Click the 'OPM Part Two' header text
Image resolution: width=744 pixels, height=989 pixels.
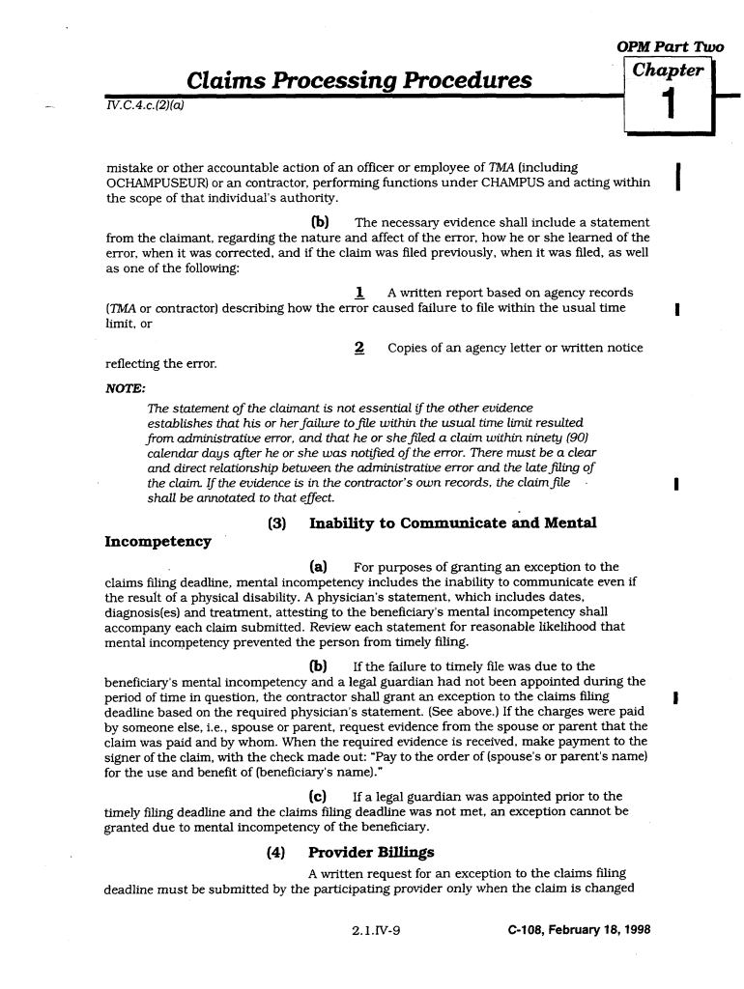coord(670,48)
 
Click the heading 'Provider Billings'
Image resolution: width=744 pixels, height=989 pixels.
coord(371,852)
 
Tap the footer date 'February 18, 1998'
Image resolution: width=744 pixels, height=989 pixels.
coord(594,931)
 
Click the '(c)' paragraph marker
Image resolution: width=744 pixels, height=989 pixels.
coord(316,796)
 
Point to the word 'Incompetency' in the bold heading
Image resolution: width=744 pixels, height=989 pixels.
coord(157,542)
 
